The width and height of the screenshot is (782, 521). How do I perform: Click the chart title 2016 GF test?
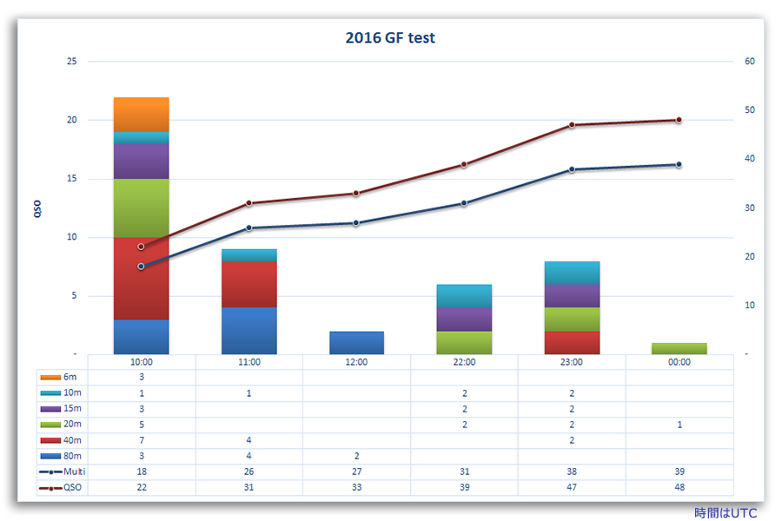tap(390, 37)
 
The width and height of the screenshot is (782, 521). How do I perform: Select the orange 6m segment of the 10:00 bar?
tap(142, 115)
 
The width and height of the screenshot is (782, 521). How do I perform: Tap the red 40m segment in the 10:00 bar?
tap(142, 278)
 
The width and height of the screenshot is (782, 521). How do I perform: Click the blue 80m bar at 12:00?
tap(356, 343)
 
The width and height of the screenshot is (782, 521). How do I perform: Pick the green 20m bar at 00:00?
tap(679, 348)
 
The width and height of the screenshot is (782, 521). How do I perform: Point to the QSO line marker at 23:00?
tap(572, 125)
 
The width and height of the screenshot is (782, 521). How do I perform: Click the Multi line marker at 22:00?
tap(464, 203)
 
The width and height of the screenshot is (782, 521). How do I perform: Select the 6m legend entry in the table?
tap(63, 377)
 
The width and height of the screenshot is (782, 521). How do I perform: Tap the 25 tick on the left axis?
tap(71, 62)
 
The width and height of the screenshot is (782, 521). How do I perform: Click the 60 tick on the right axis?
tap(749, 62)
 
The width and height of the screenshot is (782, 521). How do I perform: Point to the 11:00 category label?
tap(249, 362)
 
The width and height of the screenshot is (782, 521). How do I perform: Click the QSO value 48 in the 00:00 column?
tap(679, 487)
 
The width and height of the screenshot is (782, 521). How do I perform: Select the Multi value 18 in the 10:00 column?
tap(142, 472)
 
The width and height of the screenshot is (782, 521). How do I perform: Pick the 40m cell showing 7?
tap(142, 440)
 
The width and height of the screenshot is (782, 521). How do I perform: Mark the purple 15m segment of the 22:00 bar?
tap(464, 319)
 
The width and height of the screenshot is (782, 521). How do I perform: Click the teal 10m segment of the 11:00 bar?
tap(249, 255)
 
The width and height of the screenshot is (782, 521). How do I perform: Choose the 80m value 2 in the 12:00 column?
tap(356, 456)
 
